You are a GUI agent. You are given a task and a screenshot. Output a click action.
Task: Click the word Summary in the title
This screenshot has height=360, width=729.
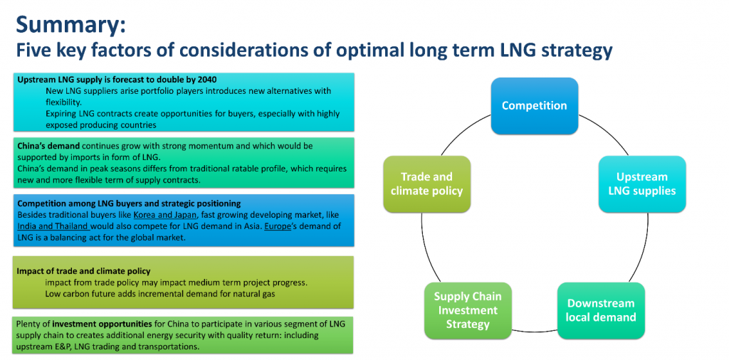point(70,25)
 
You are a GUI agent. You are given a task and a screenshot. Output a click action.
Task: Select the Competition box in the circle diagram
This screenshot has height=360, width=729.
point(534,106)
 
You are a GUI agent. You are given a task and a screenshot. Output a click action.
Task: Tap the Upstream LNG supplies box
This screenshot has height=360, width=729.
point(641,184)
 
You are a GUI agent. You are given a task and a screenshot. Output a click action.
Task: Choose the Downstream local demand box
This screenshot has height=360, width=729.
point(601,310)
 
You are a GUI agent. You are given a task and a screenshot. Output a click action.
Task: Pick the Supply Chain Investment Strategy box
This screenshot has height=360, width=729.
point(468,310)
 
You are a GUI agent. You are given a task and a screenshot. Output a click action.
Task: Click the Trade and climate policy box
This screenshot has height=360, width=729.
point(427,184)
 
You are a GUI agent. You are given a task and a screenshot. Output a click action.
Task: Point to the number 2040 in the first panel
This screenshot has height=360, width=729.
point(206,80)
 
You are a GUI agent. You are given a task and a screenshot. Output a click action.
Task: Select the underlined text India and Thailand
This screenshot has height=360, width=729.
point(53,227)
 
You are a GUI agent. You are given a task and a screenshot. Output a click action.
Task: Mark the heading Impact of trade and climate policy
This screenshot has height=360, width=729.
point(84,271)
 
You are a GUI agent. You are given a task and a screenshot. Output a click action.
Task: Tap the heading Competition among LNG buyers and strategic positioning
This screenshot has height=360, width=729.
point(129,203)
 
